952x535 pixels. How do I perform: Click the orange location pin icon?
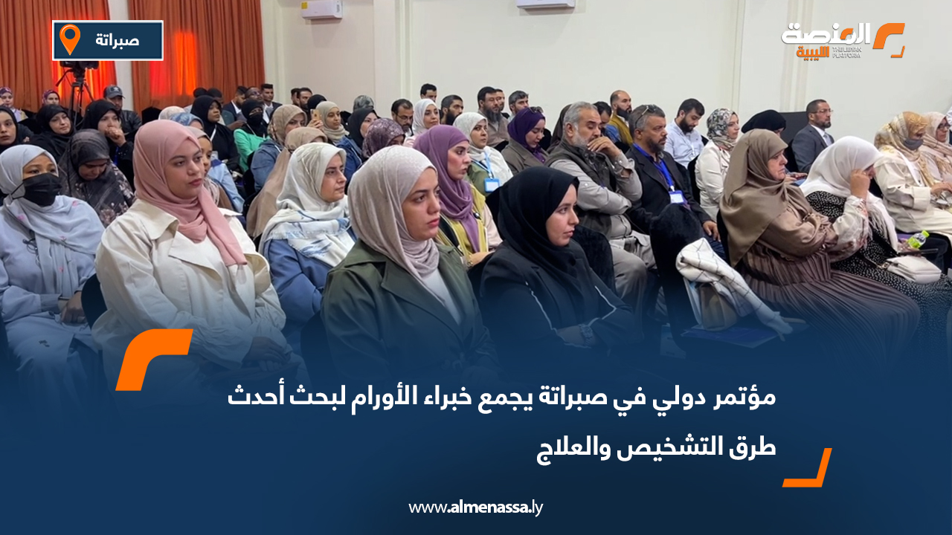[x=69, y=39]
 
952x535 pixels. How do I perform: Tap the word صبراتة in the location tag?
[x=118, y=40]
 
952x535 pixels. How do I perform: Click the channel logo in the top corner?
[x=842, y=41]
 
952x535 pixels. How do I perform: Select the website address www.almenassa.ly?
[x=476, y=508]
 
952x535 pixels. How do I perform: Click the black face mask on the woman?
[x=41, y=190]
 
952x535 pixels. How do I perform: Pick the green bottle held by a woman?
[x=917, y=240]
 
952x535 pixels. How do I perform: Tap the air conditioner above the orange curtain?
[x=321, y=9]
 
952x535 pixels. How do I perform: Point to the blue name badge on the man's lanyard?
[x=676, y=196]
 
